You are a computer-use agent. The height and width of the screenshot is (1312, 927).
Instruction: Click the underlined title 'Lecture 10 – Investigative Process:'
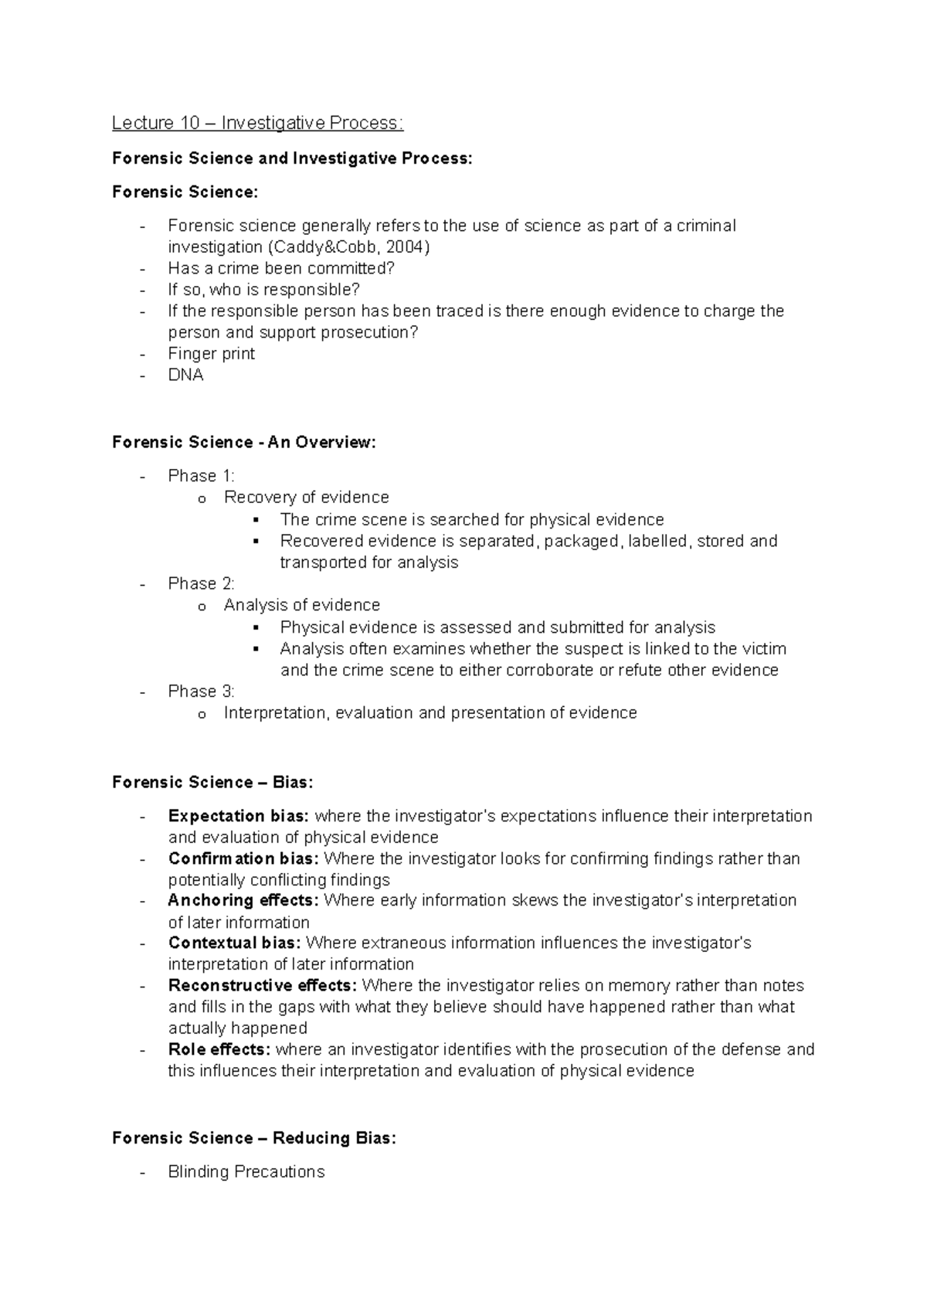click(257, 123)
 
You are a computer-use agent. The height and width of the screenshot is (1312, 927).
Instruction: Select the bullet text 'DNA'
click(185, 376)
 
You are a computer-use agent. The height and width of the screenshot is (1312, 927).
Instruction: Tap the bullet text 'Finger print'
click(211, 354)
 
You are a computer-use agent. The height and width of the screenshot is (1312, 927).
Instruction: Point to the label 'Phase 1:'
click(201, 476)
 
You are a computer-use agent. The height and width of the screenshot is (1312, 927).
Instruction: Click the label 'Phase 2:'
click(201, 583)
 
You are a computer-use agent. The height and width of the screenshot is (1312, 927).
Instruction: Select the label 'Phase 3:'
click(201, 692)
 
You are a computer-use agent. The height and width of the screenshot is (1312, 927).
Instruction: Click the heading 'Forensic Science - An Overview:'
click(244, 443)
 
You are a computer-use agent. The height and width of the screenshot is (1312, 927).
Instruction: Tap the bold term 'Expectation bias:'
click(239, 817)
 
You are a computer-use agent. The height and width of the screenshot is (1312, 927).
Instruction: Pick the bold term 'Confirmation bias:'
click(243, 859)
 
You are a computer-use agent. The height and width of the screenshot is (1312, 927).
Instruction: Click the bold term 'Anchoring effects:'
click(243, 901)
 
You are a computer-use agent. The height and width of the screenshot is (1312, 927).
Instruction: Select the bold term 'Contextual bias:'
click(235, 943)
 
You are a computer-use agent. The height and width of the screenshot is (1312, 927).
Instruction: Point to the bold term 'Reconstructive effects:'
click(262, 986)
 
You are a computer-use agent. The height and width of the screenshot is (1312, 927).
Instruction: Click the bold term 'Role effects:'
click(219, 1050)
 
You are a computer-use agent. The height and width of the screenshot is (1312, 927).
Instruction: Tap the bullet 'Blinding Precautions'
click(246, 1172)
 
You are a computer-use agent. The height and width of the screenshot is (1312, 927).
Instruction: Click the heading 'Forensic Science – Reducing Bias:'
click(253, 1138)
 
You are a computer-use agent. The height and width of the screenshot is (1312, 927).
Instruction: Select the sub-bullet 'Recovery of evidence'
click(306, 498)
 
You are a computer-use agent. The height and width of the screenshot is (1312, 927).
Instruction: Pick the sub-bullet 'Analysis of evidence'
click(301, 605)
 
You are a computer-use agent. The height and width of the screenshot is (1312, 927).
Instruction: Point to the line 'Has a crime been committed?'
click(281, 269)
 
